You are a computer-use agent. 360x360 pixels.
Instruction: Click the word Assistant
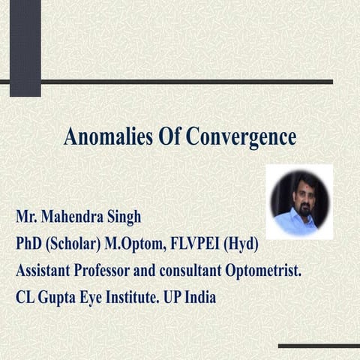coord(47,271)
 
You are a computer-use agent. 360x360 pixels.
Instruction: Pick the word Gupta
coord(62,297)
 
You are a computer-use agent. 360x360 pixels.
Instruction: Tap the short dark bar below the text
coord(319,346)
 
